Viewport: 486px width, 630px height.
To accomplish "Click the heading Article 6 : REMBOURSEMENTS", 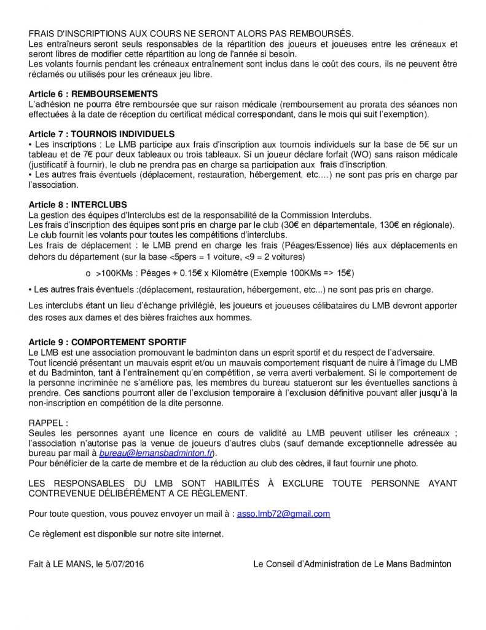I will click(93, 94).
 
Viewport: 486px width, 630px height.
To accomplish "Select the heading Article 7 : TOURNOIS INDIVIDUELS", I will click(101, 134).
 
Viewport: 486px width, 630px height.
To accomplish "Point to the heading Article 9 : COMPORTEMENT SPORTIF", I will click(108, 341).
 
